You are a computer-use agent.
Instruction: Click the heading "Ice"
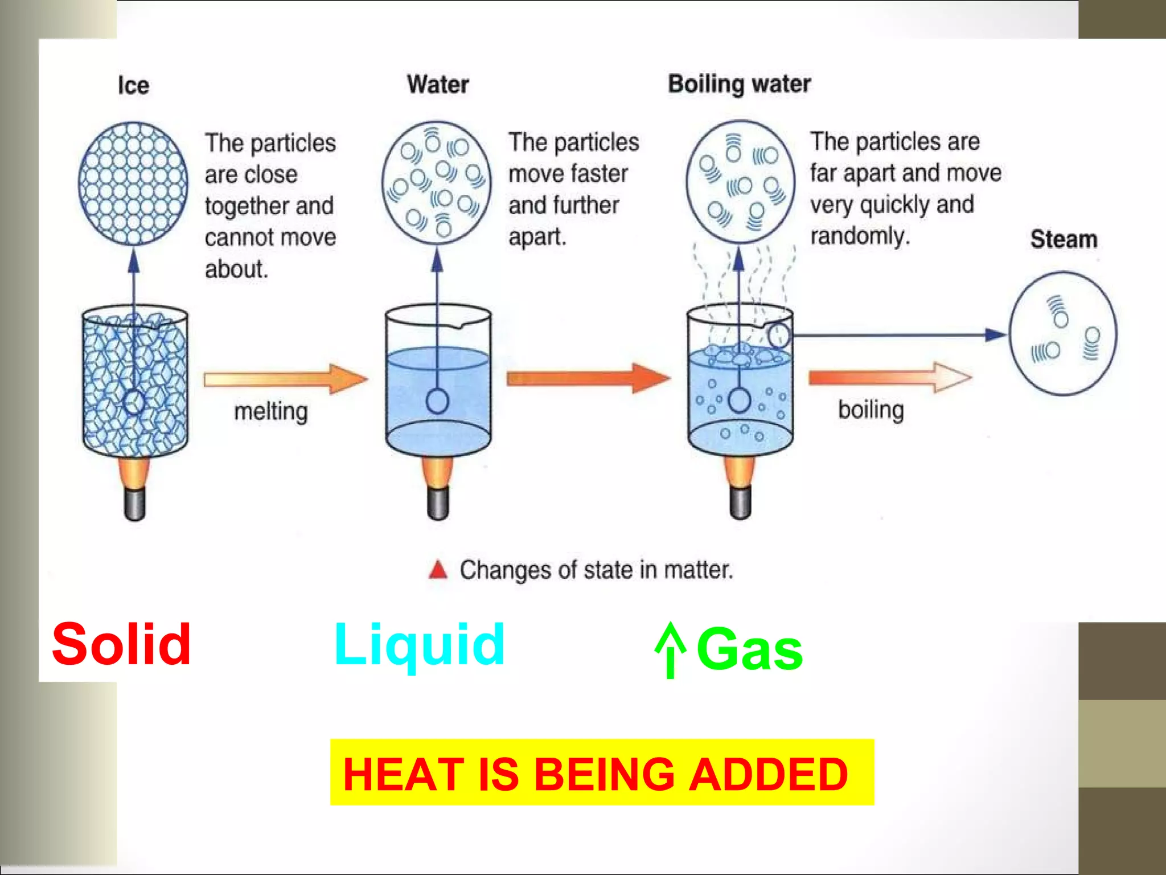(133, 85)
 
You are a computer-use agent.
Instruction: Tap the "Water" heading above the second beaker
(438, 84)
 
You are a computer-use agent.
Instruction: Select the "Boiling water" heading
(739, 84)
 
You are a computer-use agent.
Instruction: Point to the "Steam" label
(1063, 239)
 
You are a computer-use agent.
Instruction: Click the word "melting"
(271, 411)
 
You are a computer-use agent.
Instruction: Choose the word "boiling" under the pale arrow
(871, 410)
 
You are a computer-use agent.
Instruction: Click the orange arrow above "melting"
(285, 379)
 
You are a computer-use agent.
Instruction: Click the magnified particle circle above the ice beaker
(133, 183)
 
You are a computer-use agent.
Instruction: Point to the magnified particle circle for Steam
(1062, 334)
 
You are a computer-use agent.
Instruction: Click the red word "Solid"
(121, 644)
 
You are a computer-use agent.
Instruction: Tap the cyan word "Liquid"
(420, 644)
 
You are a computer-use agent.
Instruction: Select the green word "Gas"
(749, 649)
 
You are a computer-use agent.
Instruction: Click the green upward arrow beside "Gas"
(671, 650)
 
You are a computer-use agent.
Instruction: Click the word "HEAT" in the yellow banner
(403, 774)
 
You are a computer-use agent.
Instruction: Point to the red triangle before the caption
(438, 570)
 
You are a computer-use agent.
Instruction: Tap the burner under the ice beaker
(134, 490)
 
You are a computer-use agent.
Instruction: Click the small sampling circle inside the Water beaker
(437, 401)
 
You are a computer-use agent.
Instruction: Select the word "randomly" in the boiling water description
(859, 236)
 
